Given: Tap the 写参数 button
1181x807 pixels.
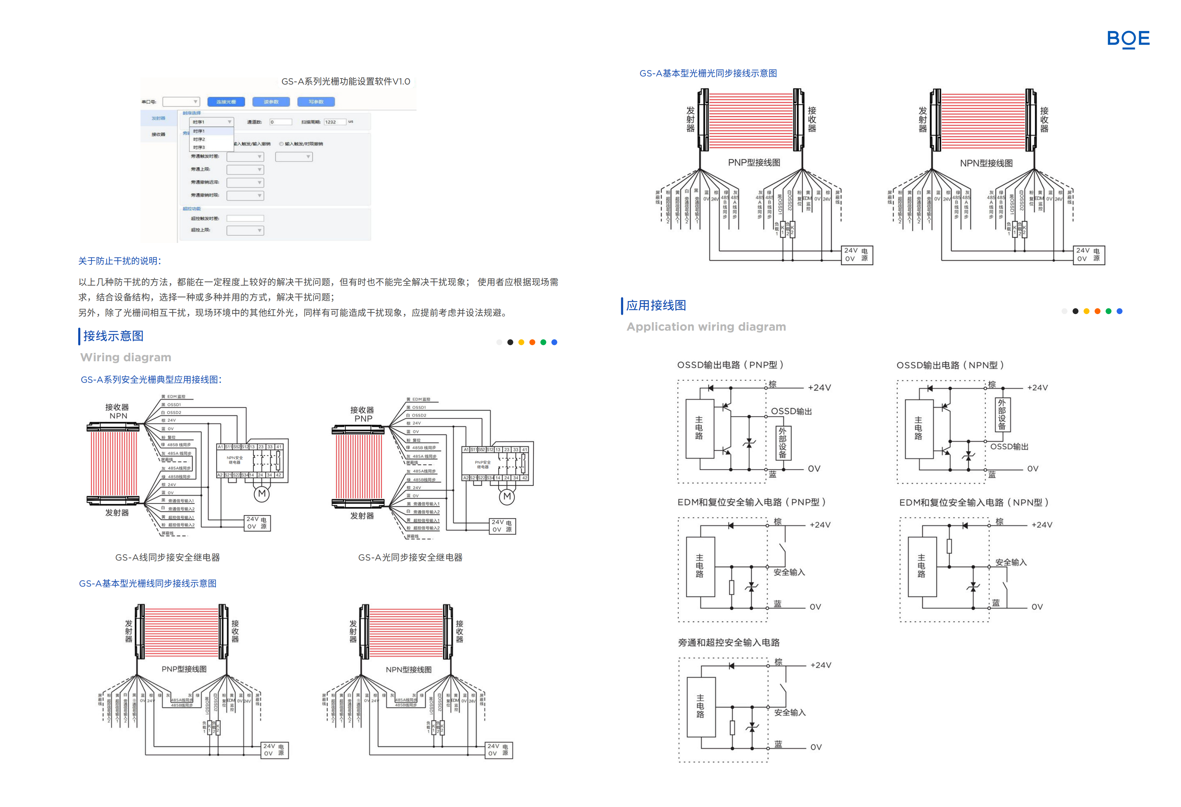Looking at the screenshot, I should pos(315,102).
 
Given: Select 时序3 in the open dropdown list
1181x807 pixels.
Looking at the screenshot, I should pos(199,148).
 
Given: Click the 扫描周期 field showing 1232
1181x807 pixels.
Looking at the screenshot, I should pos(335,122).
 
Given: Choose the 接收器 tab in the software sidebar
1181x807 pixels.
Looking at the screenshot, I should pos(158,134).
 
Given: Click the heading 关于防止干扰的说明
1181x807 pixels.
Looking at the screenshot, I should pos(119,261).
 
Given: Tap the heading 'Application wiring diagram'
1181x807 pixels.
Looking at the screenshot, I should pos(706,327).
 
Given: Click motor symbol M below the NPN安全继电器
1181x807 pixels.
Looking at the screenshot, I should pos(262,493).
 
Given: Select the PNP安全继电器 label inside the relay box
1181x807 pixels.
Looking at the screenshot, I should pos(482,464).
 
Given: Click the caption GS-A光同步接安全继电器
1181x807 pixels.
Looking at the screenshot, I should pos(410,557).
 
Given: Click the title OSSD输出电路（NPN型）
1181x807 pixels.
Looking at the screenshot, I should pos(950,365).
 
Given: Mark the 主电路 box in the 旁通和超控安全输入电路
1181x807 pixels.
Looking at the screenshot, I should pos(701,706).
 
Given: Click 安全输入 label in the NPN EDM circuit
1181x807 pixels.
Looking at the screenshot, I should pos(1011,562).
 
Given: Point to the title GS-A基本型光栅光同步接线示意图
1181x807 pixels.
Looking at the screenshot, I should pos(708,73).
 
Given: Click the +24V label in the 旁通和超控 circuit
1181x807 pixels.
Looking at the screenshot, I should pos(821,665).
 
